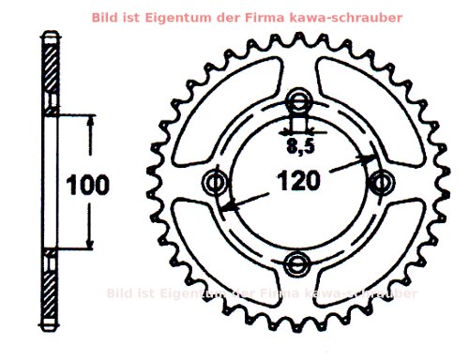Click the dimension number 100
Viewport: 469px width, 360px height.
click(86, 182)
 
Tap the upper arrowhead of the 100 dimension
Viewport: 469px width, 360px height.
click(90, 121)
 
